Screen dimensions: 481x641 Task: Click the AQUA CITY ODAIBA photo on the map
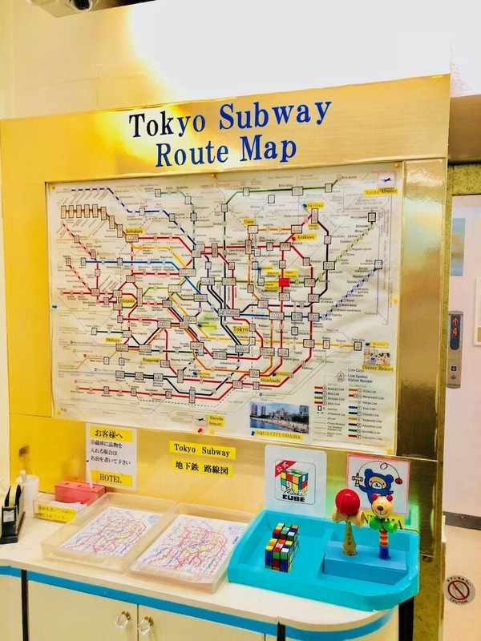click(x=278, y=417)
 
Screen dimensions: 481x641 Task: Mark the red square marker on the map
click(x=284, y=282)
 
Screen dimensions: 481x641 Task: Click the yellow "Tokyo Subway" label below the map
click(x=202, y=450)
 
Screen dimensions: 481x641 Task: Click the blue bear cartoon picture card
click(x=378, y=481)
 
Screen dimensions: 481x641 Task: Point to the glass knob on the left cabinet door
click(x=122, y=619)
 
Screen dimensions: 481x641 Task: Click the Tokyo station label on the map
click(x=240, y=329)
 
